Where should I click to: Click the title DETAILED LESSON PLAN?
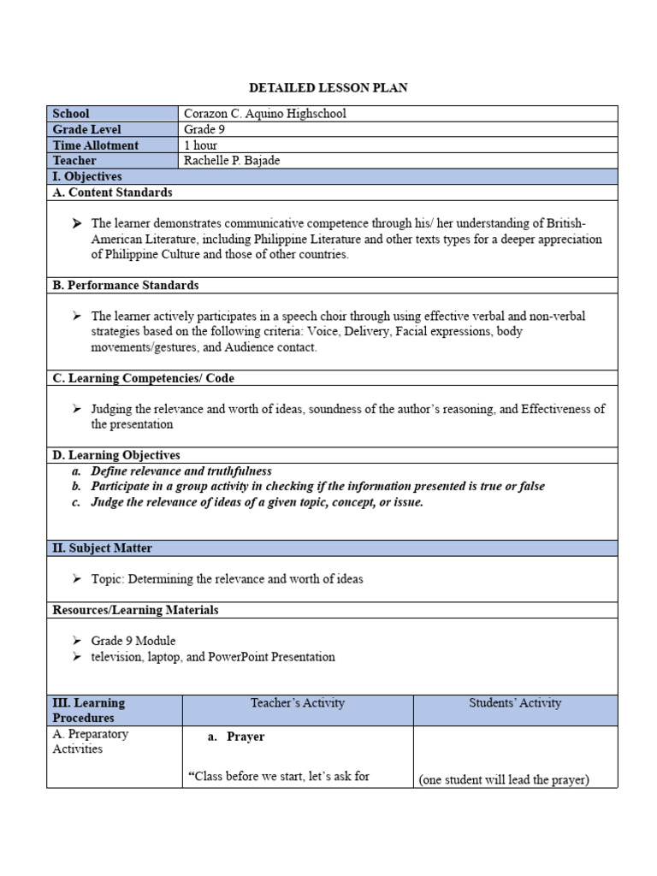pyautogui.click(x=328, y=88)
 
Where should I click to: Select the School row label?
pyautogui.click(x=71, y=114)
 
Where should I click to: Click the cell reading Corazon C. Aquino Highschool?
pyautogui.click(x=265, y=114)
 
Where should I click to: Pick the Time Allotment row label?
pyautogui.click(x=95, y=145)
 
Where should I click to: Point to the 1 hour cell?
pyautogui.click(x=201, y=145)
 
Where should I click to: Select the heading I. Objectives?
pyautogui.click(x=87, y=176)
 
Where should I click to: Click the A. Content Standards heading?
pyautogui.click(x=112, y=192)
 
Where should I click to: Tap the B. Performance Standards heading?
pyautogui.click(x=126, y=285)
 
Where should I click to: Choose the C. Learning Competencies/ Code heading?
pyautogui.click(x=143, y=378)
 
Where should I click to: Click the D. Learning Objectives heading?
pyautogui.click(x=116, y=455)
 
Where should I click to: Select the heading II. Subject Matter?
pyautogui.click(x=103, y=547)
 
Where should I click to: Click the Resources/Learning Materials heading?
pyautogui.click(x=135, y=610)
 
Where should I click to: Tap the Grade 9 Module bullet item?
pyautogui.click(x=133, y=641)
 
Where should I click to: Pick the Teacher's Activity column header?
pyautogui.click(x=298, y=703)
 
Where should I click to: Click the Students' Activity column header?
pyautogui.click(x=515, y=703)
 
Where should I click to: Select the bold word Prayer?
pyautogui.click(x=246, y=737)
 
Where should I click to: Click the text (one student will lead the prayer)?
pyautogui.click(x=504, y=780)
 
